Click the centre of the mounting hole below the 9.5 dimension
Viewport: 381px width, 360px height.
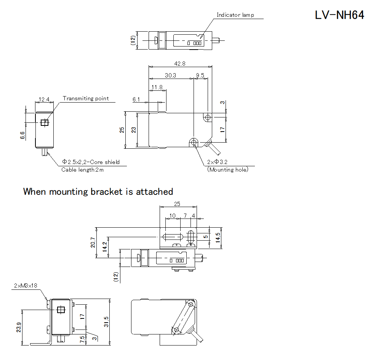coord(208,117)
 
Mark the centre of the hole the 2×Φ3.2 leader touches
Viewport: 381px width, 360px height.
coord(194,142)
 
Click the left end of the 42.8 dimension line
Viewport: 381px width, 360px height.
coord(149,66)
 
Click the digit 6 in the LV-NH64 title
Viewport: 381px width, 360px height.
coord(355,15)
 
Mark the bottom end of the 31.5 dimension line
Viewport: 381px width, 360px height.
coord(110,345)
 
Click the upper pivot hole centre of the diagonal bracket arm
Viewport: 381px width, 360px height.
coord(191,304)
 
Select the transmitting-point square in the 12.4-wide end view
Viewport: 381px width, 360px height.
coord(45,122)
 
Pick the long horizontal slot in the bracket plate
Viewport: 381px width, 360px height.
coord(173,237)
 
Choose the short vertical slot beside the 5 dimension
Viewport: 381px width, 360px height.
coord(191,237)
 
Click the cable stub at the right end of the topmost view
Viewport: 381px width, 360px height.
coord(216,40)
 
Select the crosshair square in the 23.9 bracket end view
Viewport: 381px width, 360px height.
coord(61,310)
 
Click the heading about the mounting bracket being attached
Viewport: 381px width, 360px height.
coord(98,192)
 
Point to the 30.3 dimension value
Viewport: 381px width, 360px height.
coord(170,76)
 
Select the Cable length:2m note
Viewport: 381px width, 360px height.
coord(82,170)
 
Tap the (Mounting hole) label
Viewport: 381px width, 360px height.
coord(228,170)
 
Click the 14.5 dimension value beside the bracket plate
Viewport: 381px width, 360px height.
coord(218,238)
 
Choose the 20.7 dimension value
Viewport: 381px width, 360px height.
coord(93,243)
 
